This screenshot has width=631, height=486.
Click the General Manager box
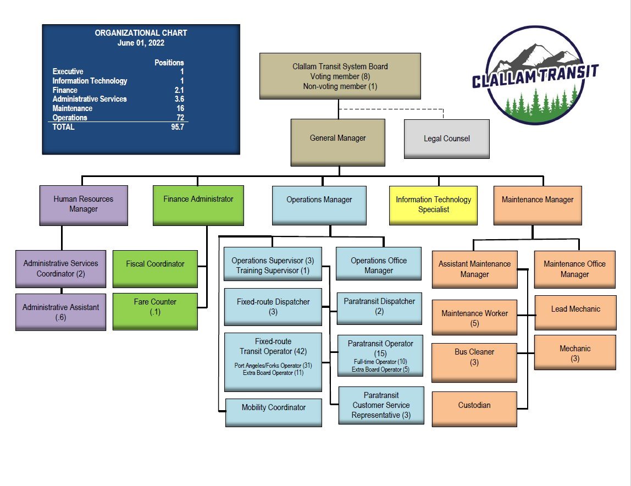tap(337, 142)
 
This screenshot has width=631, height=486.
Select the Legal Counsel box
tap(446, 139)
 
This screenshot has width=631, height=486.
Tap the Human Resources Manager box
tap(84, 205)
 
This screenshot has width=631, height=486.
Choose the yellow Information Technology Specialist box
tap(433, 205)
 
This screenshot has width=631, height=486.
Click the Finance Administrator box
tap(198, 205)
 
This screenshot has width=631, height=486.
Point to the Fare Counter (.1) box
tap(155, 311)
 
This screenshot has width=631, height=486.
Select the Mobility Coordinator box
tap(274, 412)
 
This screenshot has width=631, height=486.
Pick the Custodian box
tap(474, 408)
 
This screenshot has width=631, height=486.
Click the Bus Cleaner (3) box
tap(474, 362)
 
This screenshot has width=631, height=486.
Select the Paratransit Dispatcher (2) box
tap(379, 308)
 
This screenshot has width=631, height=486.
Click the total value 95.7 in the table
tap(177, 127)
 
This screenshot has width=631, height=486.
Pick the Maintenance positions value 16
tap(180, 108)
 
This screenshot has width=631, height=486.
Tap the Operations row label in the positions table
tap(70, 118)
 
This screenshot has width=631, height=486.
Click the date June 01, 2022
tap(141, 42)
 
